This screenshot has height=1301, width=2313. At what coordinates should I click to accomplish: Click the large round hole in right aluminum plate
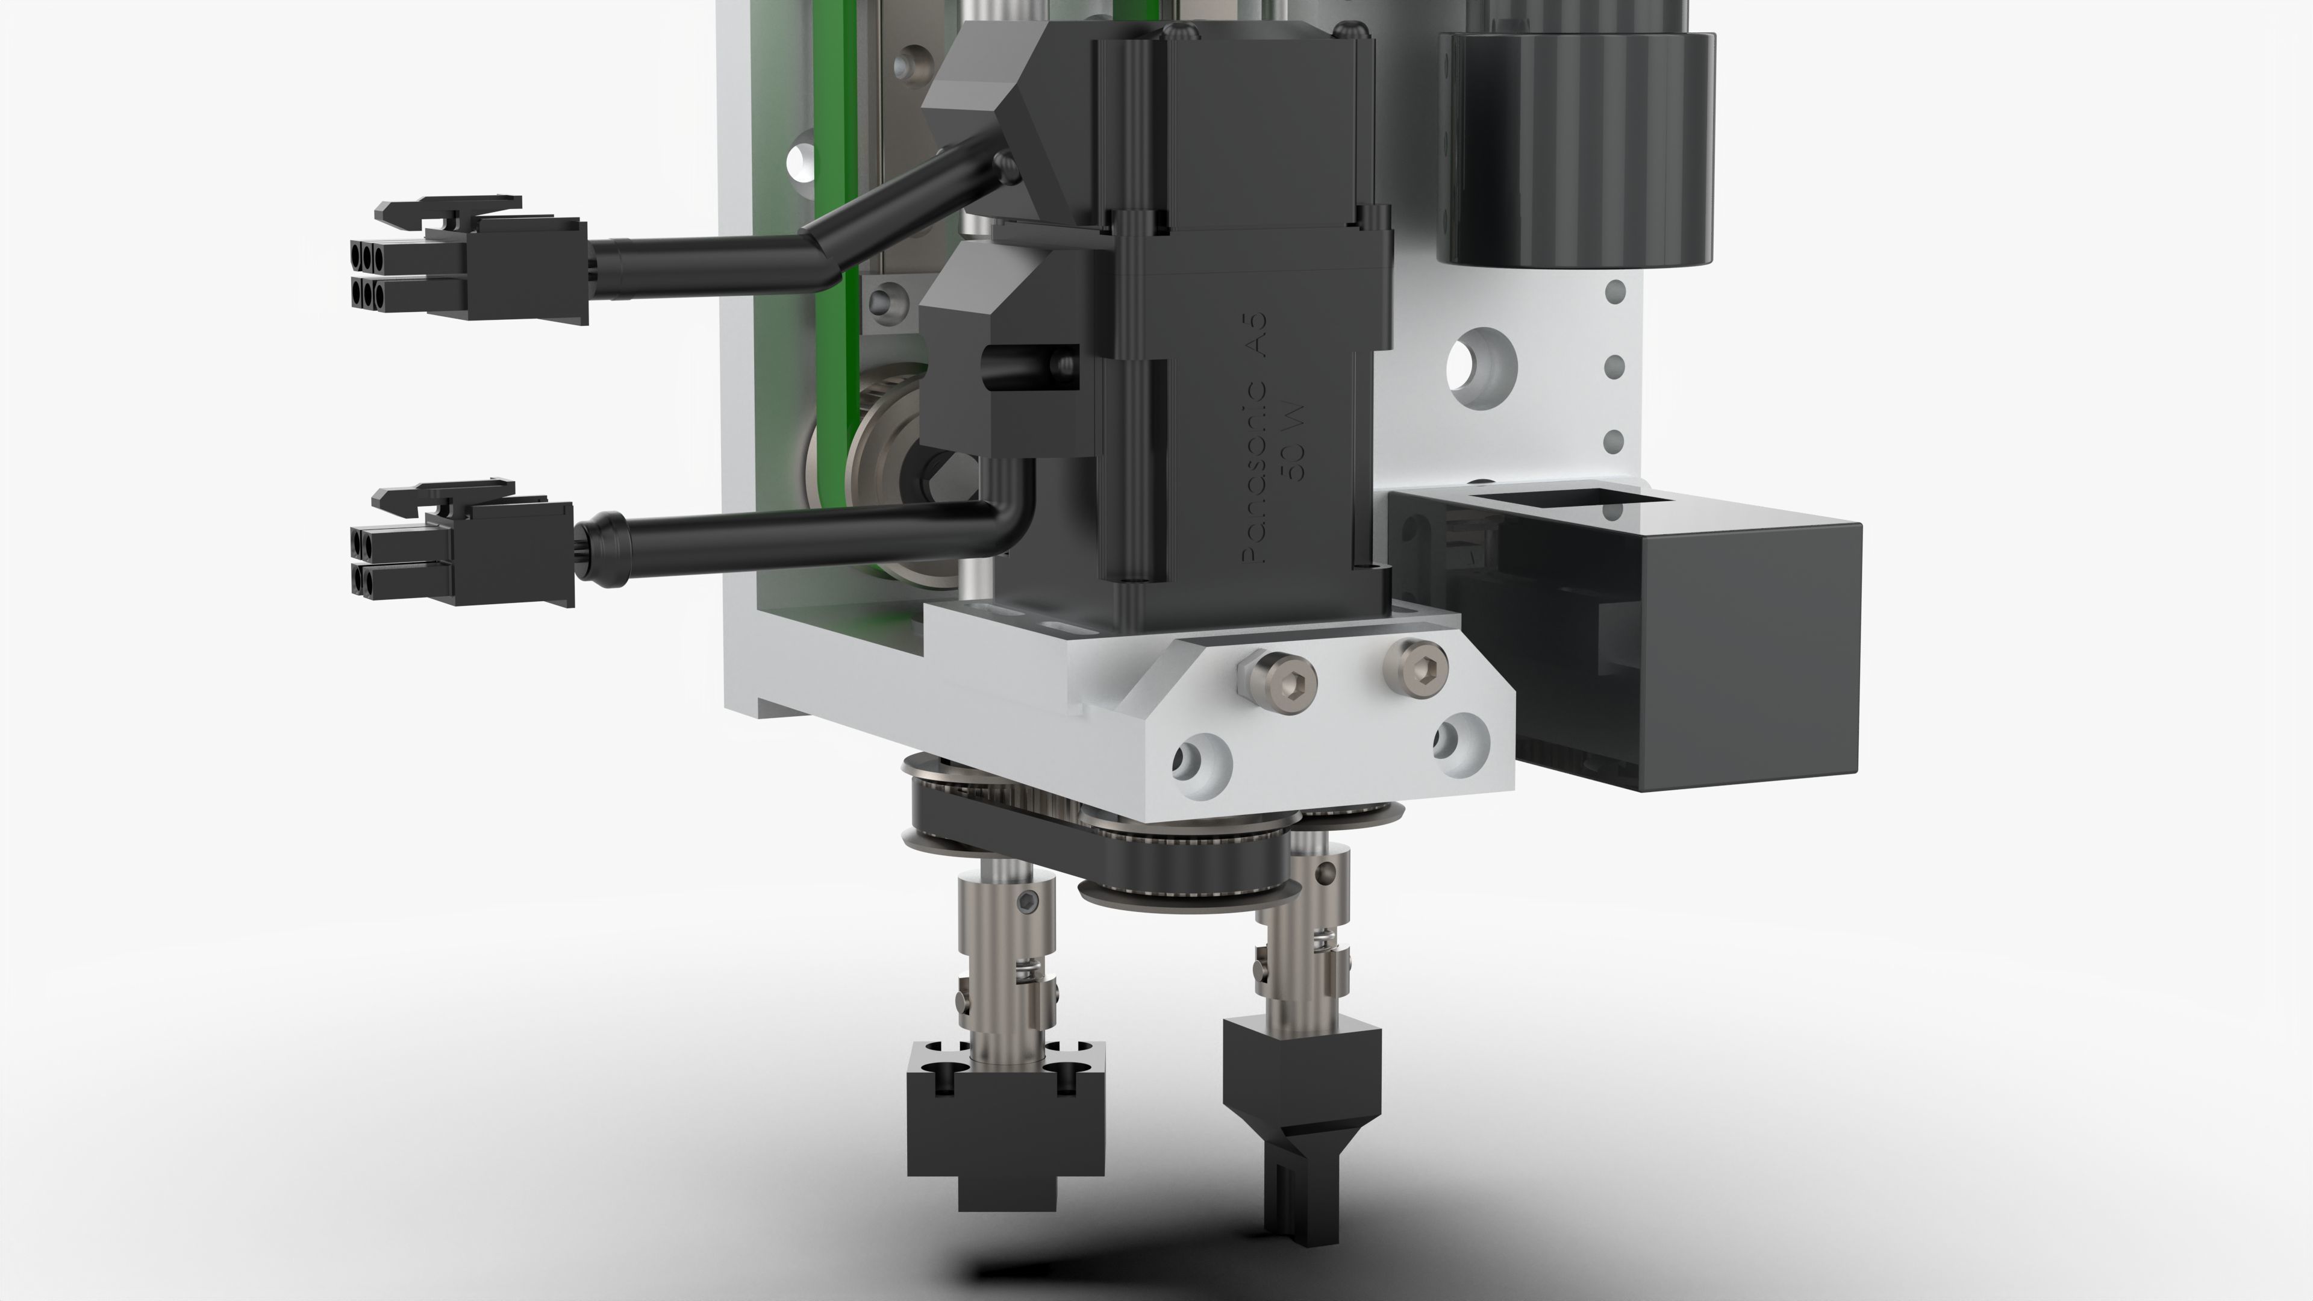(x=1482, y=366)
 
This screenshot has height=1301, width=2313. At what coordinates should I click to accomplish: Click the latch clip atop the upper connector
(x=449, y=209)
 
